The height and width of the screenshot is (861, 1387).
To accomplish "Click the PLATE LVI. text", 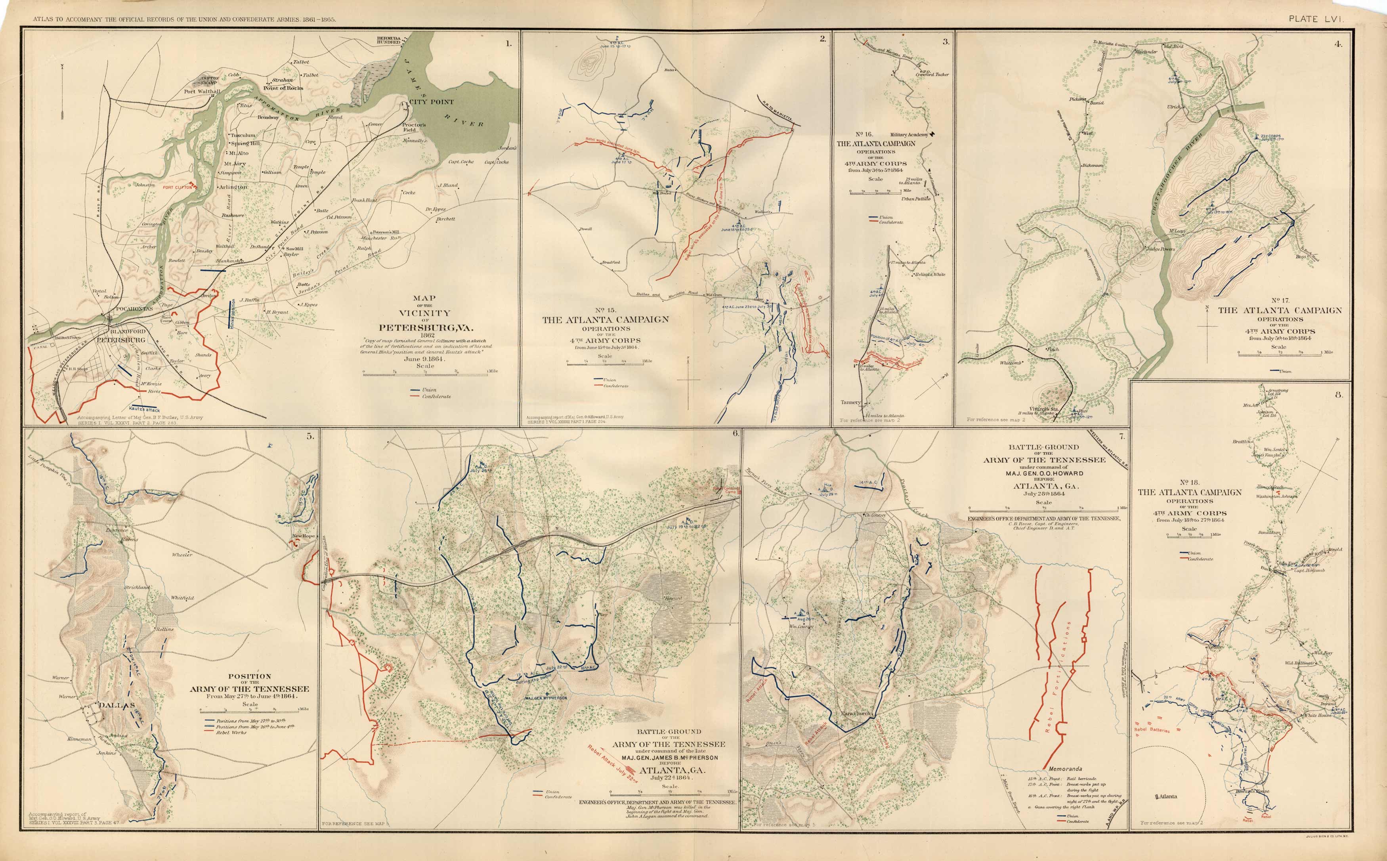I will tap(1316, 19).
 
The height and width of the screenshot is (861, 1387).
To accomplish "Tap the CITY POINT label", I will tap(432, 102).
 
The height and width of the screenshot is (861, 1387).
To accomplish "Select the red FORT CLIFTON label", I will tap(178, 187).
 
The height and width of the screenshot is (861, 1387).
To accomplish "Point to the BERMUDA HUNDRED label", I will tap(388, 40).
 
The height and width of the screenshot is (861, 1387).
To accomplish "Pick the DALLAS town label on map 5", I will tap(117, 705).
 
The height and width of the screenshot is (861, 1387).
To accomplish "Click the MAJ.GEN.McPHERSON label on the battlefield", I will tap(546, 698).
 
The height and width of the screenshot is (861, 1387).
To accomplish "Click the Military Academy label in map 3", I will tap(909, 135).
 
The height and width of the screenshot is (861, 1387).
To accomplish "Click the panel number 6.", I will tap(735, 433).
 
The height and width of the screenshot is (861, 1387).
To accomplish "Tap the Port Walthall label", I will tap(202, 91).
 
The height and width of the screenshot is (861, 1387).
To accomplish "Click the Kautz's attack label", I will tap(145, 409).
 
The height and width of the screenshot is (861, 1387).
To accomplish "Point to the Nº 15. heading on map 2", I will tap(605, 310).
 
